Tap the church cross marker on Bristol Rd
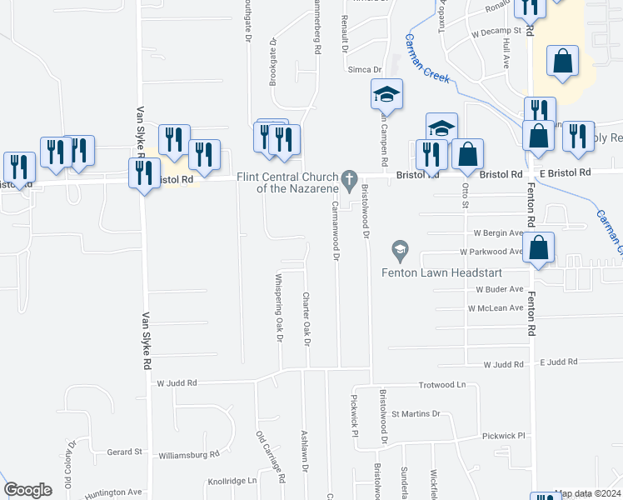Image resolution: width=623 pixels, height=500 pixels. pos(351,177)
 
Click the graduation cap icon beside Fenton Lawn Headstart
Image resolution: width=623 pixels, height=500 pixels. pos(400,249)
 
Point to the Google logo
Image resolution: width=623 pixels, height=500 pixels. pos(27,490)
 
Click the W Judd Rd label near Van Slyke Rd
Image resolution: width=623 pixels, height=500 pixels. pos(177,383)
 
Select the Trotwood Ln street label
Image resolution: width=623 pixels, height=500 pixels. pos(441,385)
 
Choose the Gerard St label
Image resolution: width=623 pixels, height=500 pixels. pos(125,452)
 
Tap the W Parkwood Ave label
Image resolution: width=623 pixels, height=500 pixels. pos(491,251)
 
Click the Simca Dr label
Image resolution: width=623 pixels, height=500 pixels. pos(365,70)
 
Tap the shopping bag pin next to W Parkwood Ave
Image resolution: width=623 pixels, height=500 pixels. pos(539,247)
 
